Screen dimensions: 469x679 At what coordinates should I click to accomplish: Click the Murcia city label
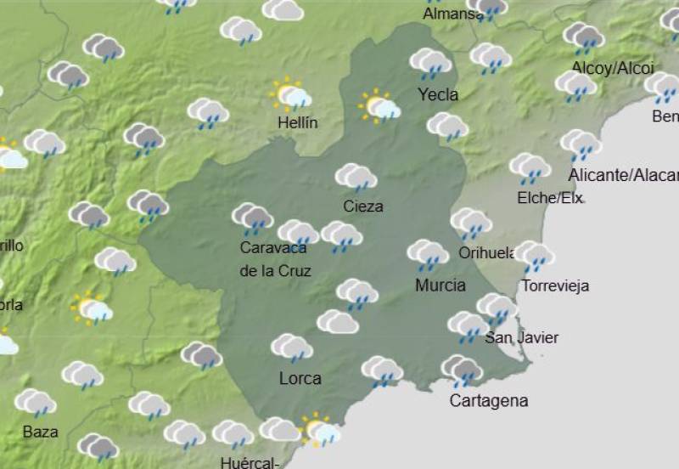[x=440, y=285]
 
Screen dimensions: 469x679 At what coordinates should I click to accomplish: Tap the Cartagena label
[x=489, y=401]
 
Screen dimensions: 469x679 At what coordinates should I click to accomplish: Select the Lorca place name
[x=300, y=378]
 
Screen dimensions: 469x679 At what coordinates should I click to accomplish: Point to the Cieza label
[x=363, y=206]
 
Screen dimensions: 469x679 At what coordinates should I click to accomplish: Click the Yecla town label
[x=438, y=94]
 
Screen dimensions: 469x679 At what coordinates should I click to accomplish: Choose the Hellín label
[x=298, y=123]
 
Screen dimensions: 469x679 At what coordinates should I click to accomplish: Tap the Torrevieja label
[x=555, y=285]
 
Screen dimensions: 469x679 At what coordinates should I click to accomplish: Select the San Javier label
[x=522, y=338]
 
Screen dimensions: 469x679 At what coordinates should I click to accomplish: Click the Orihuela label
[x=487, y=253]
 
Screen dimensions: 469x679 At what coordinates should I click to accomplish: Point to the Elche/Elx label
[x=550, y=198]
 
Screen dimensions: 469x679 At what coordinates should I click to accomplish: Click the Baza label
[x=40, y=432]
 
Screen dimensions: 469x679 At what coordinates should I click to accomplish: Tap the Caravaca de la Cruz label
[x=275, y=259]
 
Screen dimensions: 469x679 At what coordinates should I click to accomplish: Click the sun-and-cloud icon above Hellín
[x=290, y=94]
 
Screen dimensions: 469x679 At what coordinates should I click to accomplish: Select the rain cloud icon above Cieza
[x=356, y=178]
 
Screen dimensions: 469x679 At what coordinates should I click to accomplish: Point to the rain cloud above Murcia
[x=428, y=254]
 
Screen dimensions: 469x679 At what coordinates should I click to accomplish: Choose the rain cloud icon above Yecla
[x=430, y=63]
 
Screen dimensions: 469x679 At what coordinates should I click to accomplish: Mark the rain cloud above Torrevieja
[x=534, y=255]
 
